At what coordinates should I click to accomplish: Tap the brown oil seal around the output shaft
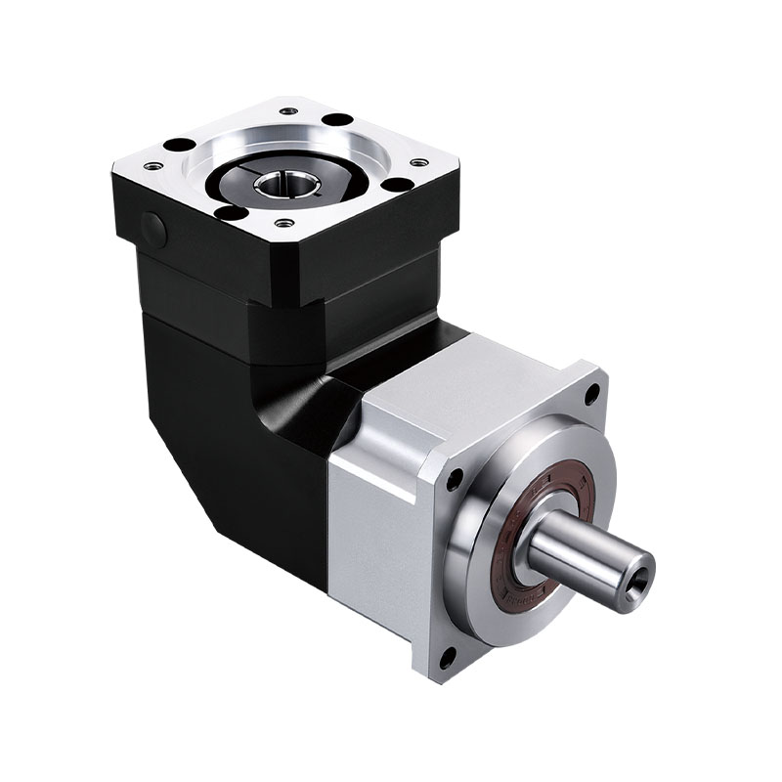tap(510, 586)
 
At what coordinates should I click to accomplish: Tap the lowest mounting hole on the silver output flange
tap(447, 657)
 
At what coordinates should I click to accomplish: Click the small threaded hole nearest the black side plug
tap(152, 166)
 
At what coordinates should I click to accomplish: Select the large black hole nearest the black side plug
tap(179, 145)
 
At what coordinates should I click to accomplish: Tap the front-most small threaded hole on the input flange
tap(284, 223)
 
